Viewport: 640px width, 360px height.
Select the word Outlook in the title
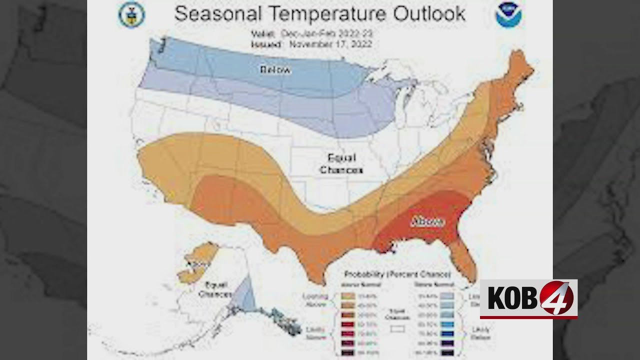[x=429, y=14]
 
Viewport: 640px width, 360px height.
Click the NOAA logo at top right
[x=508, y=15]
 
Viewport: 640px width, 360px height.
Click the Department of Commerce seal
[x=131, y=15]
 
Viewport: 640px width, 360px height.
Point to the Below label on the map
[x=275, y=69]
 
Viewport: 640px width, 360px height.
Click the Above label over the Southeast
[x=427, y=221]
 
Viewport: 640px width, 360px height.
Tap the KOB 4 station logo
[x=528, y=299]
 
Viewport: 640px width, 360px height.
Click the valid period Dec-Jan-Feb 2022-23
[x=327, y=34]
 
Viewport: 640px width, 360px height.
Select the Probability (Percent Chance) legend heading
[x=397, y=274]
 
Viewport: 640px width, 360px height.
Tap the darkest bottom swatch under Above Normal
[x=348, y=353]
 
